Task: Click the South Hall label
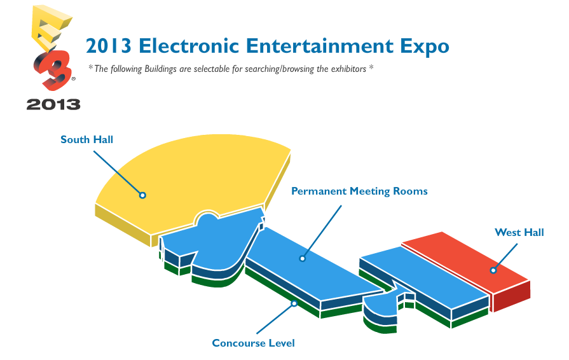(x=86, y=140)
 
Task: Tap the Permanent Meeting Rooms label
(x=359, y=191)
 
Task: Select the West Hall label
(x=519, y=232)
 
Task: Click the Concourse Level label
(x=253, y=343)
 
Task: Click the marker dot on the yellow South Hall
(x=142, y=195)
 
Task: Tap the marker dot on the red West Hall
(x=493, y=270)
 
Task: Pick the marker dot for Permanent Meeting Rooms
(x=302, y=258)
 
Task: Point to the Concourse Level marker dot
(x=294, y=303)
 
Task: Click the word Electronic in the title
(x=189, y=46)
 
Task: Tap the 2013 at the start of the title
(x=109, y=46)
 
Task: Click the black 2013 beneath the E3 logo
(x=53, y=104)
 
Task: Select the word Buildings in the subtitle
(x=160, y=69)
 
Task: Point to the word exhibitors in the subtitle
(x=348, y=69)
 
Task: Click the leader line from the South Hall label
(x=117, y=172)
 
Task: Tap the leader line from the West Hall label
(x=506, y=256)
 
